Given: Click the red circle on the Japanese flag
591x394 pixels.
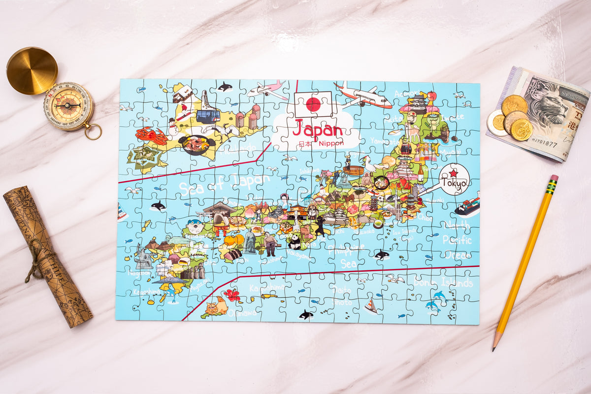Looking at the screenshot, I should click(313, 104).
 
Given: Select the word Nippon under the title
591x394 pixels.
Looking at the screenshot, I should click(331, 143).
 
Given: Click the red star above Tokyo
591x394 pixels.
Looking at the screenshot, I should click(453, 173).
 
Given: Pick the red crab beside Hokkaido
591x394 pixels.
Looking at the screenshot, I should click(152, 135).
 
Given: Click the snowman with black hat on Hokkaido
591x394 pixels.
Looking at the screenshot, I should click(173, 126).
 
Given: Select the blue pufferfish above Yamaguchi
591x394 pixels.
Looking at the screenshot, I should click(196, 226).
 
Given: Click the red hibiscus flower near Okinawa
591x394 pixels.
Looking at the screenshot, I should click(232, 295).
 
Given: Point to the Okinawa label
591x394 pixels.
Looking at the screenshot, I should click(242, 313).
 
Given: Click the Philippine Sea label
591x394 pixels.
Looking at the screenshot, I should click(347, 256).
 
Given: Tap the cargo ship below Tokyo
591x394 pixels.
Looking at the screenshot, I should click(467, 206).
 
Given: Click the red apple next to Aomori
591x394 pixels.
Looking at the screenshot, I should click(432, 96).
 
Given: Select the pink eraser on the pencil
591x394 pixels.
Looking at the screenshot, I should click(554, 178).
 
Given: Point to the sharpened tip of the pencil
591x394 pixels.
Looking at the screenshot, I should click(494, 348).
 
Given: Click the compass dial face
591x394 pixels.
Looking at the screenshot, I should click(68, 105).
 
